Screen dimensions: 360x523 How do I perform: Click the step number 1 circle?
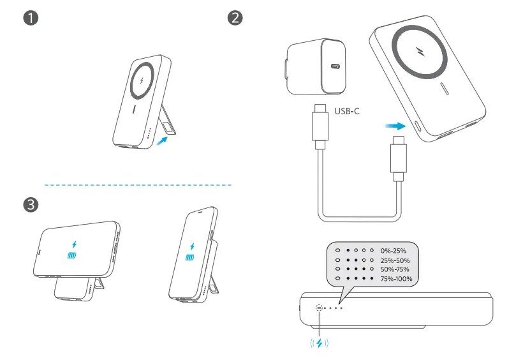tap(29, 18)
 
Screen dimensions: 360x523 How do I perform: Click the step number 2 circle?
tap(235, 18)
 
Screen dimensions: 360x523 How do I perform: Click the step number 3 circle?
tap(29, 205)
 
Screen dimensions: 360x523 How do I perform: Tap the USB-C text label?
tap(347, 111)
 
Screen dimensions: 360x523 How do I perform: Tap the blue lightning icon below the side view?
tap(320, 343)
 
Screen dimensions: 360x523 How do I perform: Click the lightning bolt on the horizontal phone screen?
tap(75, 244)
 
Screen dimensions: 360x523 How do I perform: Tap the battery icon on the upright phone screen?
tap(190, 258)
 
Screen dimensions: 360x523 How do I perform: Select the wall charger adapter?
tap(316, 67)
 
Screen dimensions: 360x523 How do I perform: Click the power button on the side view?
tap(319, 308)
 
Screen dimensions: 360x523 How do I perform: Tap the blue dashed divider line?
tap(137, 185)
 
